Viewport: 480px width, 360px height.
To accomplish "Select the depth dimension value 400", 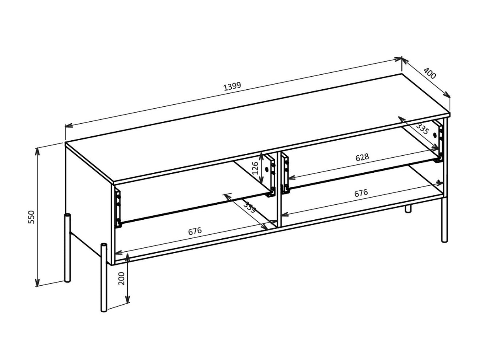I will click(429, 74).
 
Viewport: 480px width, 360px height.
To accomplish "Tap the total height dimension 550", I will click(32, 217).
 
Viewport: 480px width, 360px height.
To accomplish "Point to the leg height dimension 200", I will click(121, 278).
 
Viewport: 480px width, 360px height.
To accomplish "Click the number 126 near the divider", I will click(255, 168).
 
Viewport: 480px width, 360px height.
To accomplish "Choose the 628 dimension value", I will click(362, 157).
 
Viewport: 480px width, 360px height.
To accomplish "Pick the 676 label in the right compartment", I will click(361, 193).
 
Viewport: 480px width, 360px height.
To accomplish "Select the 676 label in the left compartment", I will click(195, 231).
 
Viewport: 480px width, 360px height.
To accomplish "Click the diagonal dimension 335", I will click(422, 128).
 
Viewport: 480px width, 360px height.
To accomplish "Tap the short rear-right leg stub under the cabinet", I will click(408, 209).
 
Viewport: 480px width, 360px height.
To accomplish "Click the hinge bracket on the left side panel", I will click(118, 208).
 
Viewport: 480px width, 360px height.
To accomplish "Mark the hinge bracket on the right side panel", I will click(439, 140).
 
